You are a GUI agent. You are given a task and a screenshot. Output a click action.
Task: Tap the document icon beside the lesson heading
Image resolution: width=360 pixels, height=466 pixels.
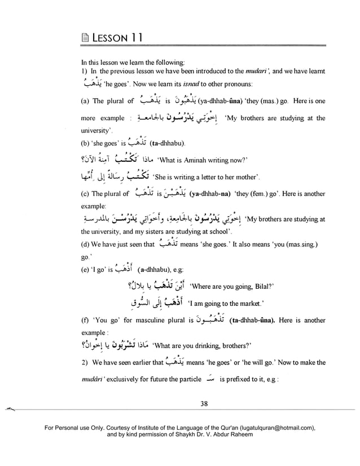pos(85,39)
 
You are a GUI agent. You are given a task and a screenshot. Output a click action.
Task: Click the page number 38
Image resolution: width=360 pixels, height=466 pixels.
pos(204,403)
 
